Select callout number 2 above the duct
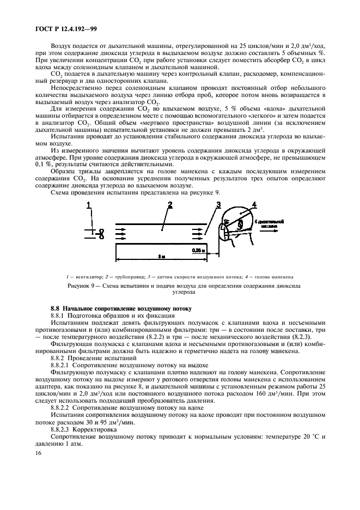(170, 205)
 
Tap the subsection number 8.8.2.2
(62, 408)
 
